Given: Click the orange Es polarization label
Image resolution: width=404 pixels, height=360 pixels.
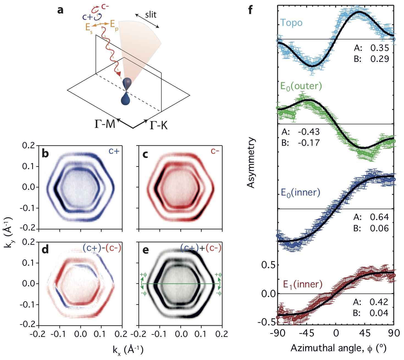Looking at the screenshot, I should tap(89, 28).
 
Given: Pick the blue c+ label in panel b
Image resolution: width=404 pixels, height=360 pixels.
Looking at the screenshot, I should tap(113, 151).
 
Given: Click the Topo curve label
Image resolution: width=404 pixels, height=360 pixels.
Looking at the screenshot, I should tap(291, 23).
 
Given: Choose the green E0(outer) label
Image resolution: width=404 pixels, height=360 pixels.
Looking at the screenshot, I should tap(301, 86).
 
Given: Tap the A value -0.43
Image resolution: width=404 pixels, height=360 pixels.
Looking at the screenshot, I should tap(309, 132).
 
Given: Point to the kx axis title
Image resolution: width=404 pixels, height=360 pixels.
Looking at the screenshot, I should tap(128, 350).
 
